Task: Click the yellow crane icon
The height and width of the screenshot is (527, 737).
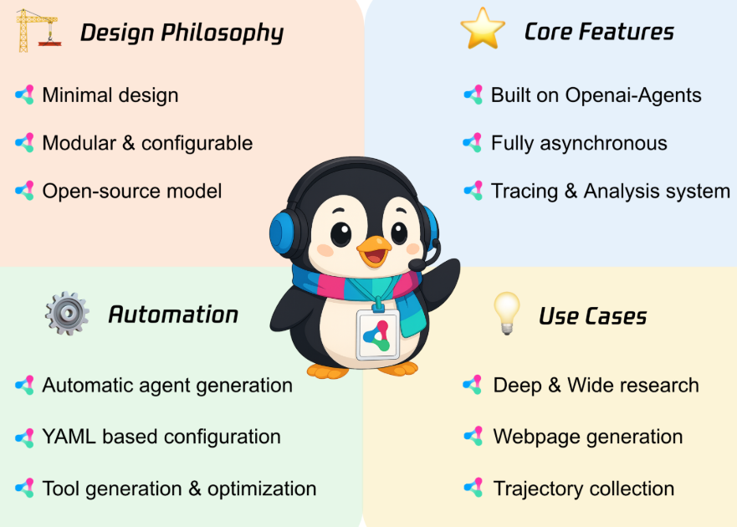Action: (38, 31)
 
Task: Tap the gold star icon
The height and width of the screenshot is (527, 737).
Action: (483, 28)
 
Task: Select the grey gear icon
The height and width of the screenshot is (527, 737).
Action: (67, 313)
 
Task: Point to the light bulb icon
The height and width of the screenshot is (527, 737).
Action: (507, 313)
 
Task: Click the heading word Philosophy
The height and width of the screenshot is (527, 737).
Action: (223, 33)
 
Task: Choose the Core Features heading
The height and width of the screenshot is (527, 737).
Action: (599, 32)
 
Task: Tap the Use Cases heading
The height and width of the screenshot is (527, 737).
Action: (593, 316)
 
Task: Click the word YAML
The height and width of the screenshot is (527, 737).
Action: (69, 437)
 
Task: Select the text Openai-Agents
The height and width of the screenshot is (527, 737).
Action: (633, 95)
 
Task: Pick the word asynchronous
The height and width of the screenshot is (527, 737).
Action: (603, 143)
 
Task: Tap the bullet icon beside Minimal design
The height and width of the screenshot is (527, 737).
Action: (25, 95)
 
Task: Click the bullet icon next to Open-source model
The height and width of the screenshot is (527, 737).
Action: (25, 191)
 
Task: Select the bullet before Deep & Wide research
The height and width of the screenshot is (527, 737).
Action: (473, 385)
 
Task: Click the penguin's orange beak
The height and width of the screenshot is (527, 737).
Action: (374, 252)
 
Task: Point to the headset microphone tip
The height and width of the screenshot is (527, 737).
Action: (417, 265)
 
